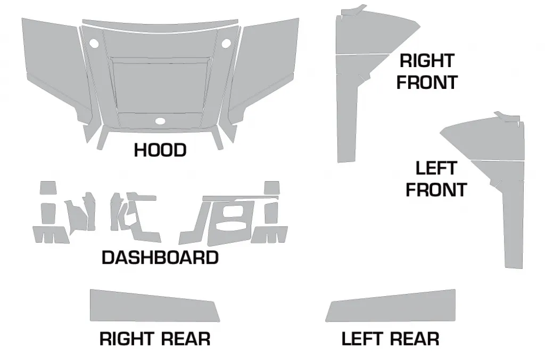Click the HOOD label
click(160, 150)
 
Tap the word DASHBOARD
click(160, 258)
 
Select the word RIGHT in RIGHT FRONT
click(427, 61)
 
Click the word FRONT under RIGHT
click(427, 83)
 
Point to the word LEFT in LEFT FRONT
click(436, 168)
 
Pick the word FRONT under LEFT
click(436, 190)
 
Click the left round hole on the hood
click(94, 44)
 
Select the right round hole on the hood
click(226, 44)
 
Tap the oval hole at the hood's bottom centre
click(160, 121)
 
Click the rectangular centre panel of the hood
click(160, 87)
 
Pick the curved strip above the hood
click(160, 23)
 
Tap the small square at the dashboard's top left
click(48, 188)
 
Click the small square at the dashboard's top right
click(272, 188)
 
